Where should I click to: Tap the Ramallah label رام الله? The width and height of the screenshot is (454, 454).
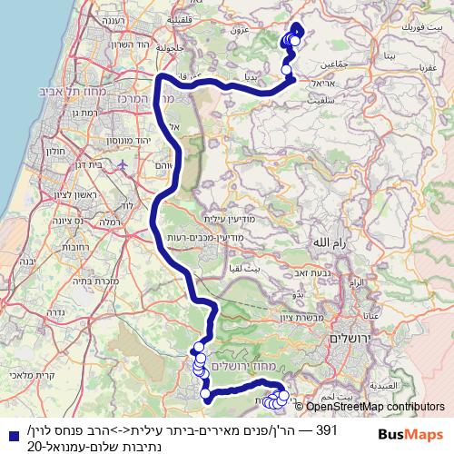[x=327, y=243]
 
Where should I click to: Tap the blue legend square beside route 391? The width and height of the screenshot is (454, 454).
[x=9, y=427]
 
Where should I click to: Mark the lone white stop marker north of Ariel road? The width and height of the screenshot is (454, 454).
[x=287, y=69]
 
